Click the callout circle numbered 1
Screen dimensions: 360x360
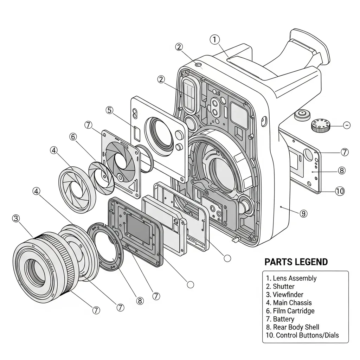pyautogui.click(x=214, y=40)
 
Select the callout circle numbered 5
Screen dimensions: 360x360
pyautogui.click(x=110, y=110)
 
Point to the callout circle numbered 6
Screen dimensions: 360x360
pyautogui.click(x=73, y=137)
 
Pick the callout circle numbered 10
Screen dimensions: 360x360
pyautogui.click(x=339, y=191)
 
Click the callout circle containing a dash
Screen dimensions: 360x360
pyautogui.click(x=346, y=125)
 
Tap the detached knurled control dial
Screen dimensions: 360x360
pyautogui.click(x=321, y=126)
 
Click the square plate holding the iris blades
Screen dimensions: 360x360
pyautogui.click(x=119, y=162)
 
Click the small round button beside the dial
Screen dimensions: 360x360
pyautogui.click(x=302, y=114)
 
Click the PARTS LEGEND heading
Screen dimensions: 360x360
pyautogui.click(x=296, y=262)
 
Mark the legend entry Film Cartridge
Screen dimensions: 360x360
pyautogui.click(x=290, y=311)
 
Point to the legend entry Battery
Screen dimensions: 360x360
pyautogui.click(x=280, y=319)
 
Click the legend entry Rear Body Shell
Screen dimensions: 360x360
pyautogui.click(x=292, y=327)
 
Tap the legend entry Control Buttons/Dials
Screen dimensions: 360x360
pyautogui.click(x=302, y=335)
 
